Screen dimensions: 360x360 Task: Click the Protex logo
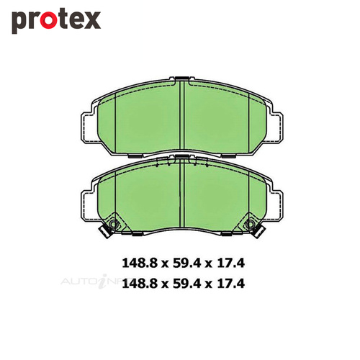click(x=56, y=22)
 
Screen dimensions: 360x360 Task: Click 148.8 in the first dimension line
click(x=140, y=263)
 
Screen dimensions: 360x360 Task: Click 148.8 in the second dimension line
click(x=140, y=284)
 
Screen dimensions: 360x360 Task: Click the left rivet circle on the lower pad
click(x=114, y=224)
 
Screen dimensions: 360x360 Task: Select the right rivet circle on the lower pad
click(x=250, y=224)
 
